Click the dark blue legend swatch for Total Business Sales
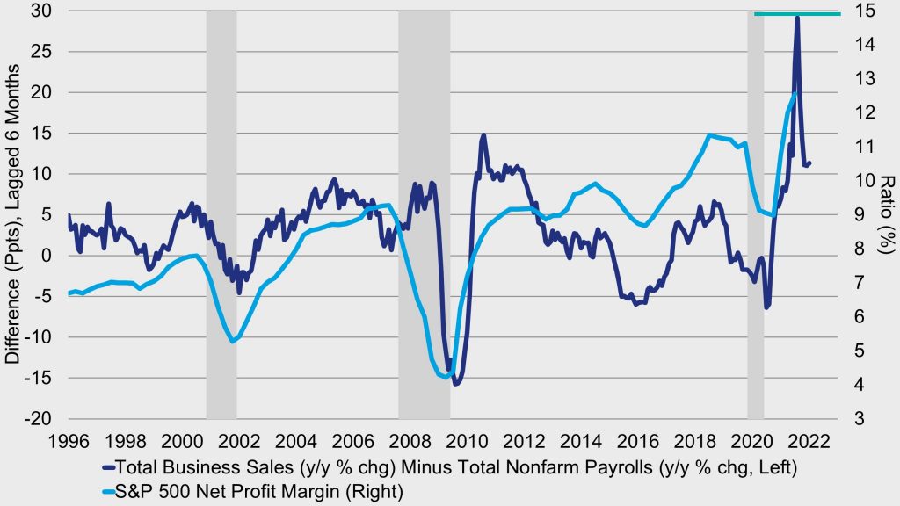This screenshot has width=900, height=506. (109, 466)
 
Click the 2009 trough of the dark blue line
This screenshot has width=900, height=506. (457, 383)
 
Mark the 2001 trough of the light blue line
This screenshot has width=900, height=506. (232, 341)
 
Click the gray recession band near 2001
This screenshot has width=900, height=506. (221, 220)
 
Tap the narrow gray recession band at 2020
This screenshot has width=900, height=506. (755, 220)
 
